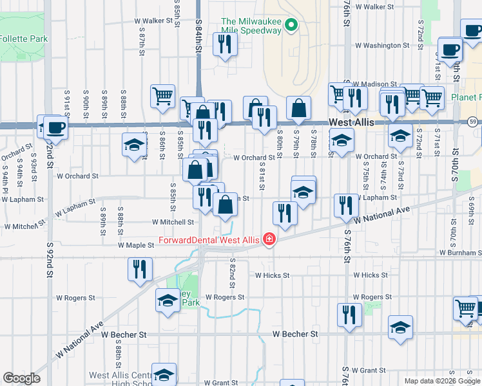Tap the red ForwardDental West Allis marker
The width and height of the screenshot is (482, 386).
pyautogui.click(x=268, y=241)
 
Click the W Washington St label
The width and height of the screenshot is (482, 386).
pyautogui.click(x=383, y=46)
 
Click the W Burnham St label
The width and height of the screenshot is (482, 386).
pyautogui.click(x=461, y=253)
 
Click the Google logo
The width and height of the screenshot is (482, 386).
pyautogui.click(x=21, y=378)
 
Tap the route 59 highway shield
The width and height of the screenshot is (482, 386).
pyautogui.click(x=473, y=122)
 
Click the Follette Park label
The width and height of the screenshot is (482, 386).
pyautogui.click(x=23, y=39)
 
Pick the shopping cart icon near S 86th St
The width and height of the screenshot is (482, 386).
pyautogui.click(x=163, y=96)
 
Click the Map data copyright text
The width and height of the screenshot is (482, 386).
pyautogui.click(x=441, y=381)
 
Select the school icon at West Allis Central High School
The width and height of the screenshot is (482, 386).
pyautogui.click(x=164, y=374)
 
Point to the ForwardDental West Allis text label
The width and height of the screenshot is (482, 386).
pyautogui.click(x=209, y=241)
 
